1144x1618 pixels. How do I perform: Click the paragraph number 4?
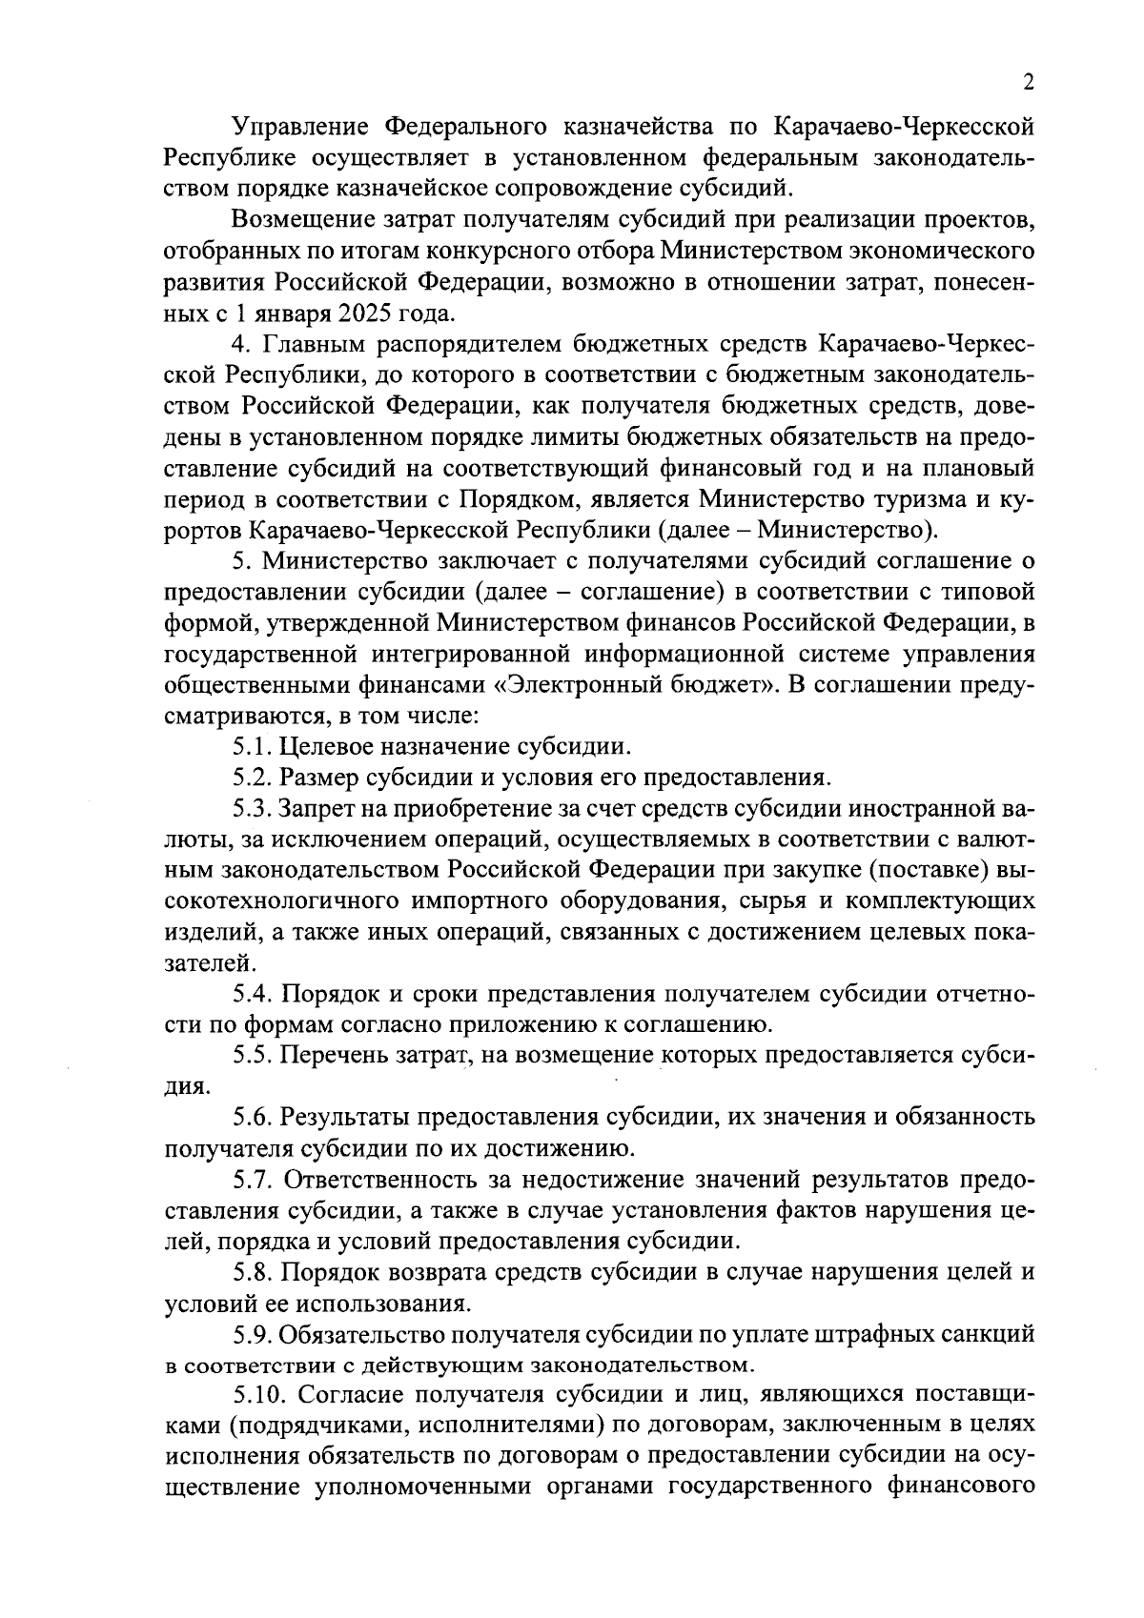pos(240,344)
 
